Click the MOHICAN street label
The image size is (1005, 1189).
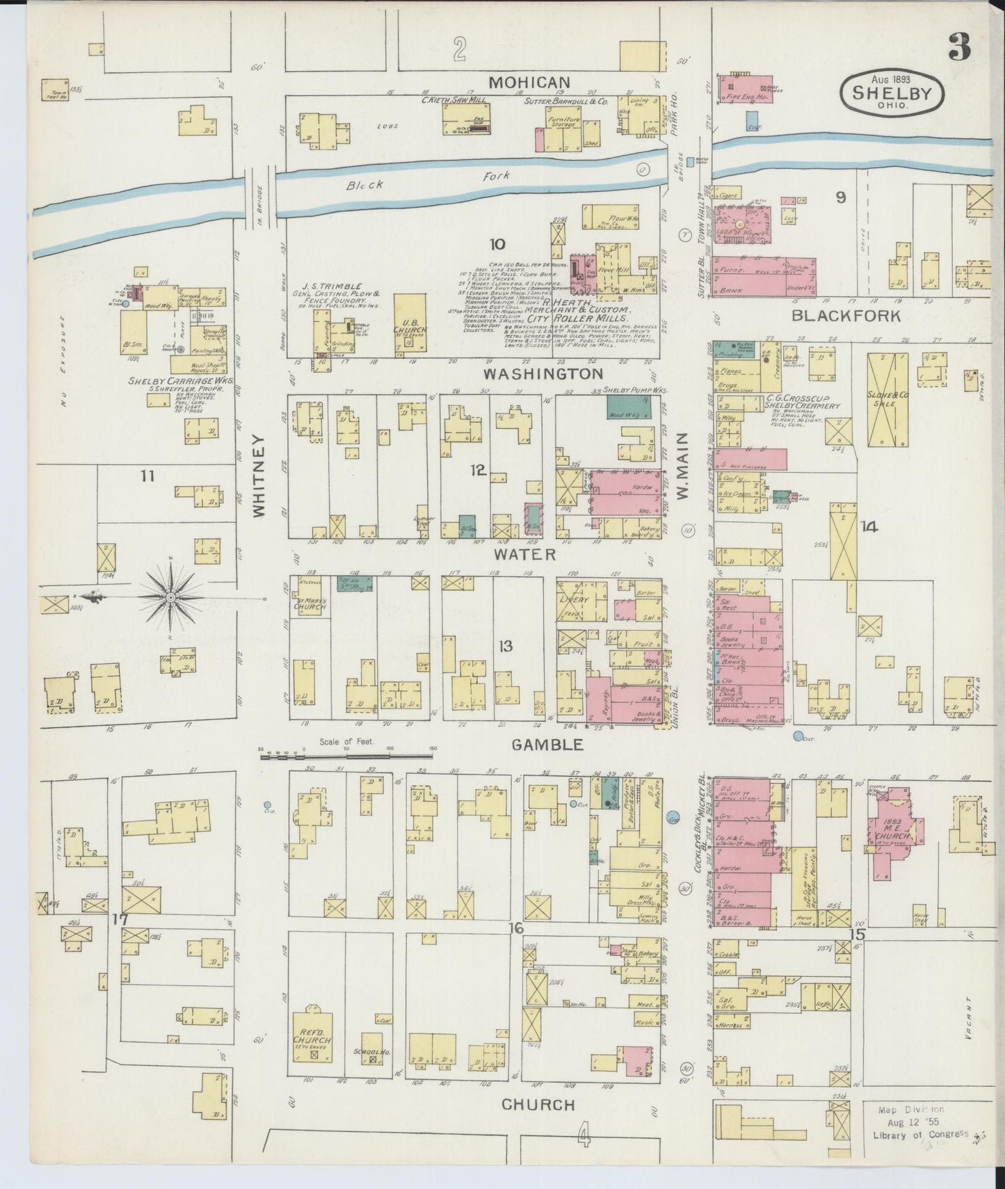pos(529,83)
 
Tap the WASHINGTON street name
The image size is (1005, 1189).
pos(543,374)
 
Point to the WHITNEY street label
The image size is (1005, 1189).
pos(259,476)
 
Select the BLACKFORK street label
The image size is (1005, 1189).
pos(846,316)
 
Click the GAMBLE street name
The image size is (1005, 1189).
pos(547,745)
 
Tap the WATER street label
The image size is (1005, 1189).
pos(525,554)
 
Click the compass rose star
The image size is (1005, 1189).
pos(170,597)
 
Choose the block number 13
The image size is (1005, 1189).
pos(505,646)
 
